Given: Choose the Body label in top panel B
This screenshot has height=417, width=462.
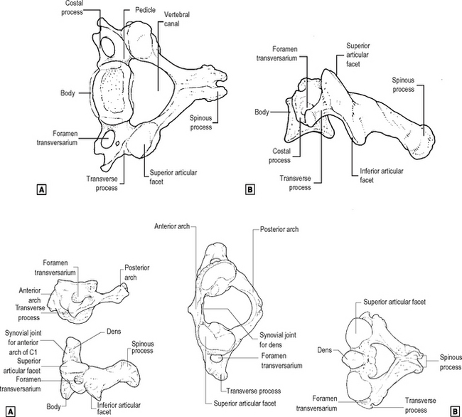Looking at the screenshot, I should [x=262, y=112].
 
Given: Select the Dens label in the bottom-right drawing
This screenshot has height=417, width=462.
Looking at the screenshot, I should [x=326, y=350].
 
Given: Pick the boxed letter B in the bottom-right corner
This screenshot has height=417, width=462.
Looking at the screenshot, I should [x=453, y=411].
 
